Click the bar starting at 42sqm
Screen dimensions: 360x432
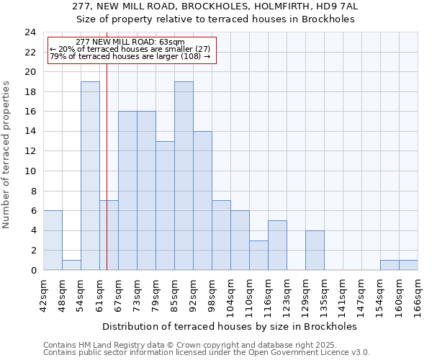pyautogui.click(x=53, y=240)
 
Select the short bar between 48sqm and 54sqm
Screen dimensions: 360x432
pyautogui.click(x=71, y=265)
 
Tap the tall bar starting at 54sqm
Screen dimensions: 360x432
pyautogui.click(x=90, y=176)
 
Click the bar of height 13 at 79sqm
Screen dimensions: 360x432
pyautogui.click(x=165, y=206)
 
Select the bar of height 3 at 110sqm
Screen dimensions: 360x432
pyautogui.click(x=258, y=256)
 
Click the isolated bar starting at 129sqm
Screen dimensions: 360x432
pyautogui.click(x=315, y=251)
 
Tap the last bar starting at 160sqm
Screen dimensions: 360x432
pyautogui.click(x=408, y=265)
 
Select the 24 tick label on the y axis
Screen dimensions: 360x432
pyautogui.click(x=30, y=32)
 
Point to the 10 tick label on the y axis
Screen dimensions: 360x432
pyautogui.click(x=30, y=171)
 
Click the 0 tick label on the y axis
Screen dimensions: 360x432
pyautogui.click(x=33, y=271)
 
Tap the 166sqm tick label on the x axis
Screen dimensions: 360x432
pyautogui.click(x=418, y=294)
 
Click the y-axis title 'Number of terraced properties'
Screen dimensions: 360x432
pyautogui.click(x=7, y=155)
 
